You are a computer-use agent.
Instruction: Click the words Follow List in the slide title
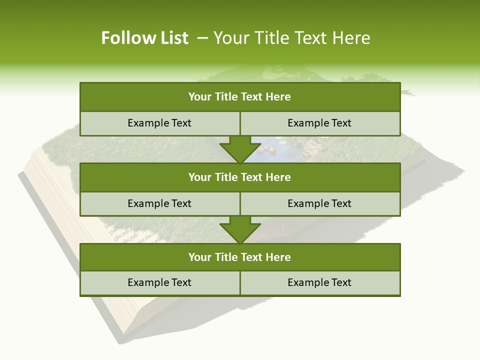coord(144,38)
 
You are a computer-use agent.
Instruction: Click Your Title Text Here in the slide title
coord(291,38)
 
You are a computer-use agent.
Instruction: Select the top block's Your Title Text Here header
coord(239,97)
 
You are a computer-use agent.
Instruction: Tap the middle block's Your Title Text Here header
coord(239,177)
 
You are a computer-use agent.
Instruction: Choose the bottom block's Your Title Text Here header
coord(239,257)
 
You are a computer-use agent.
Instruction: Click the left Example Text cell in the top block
coord(159,123)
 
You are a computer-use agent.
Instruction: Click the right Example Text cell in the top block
coord(319,123)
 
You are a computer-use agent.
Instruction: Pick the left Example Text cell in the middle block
coord(159,203)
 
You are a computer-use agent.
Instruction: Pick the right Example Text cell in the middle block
coord(319,203)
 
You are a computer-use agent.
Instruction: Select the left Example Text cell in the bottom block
coord(159,282)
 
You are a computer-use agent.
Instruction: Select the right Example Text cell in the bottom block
coord(319,282)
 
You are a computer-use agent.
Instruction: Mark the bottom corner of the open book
coord(125,332)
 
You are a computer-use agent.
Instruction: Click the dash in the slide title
coord(202,38)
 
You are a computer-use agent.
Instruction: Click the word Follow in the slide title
coord(124,38)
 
